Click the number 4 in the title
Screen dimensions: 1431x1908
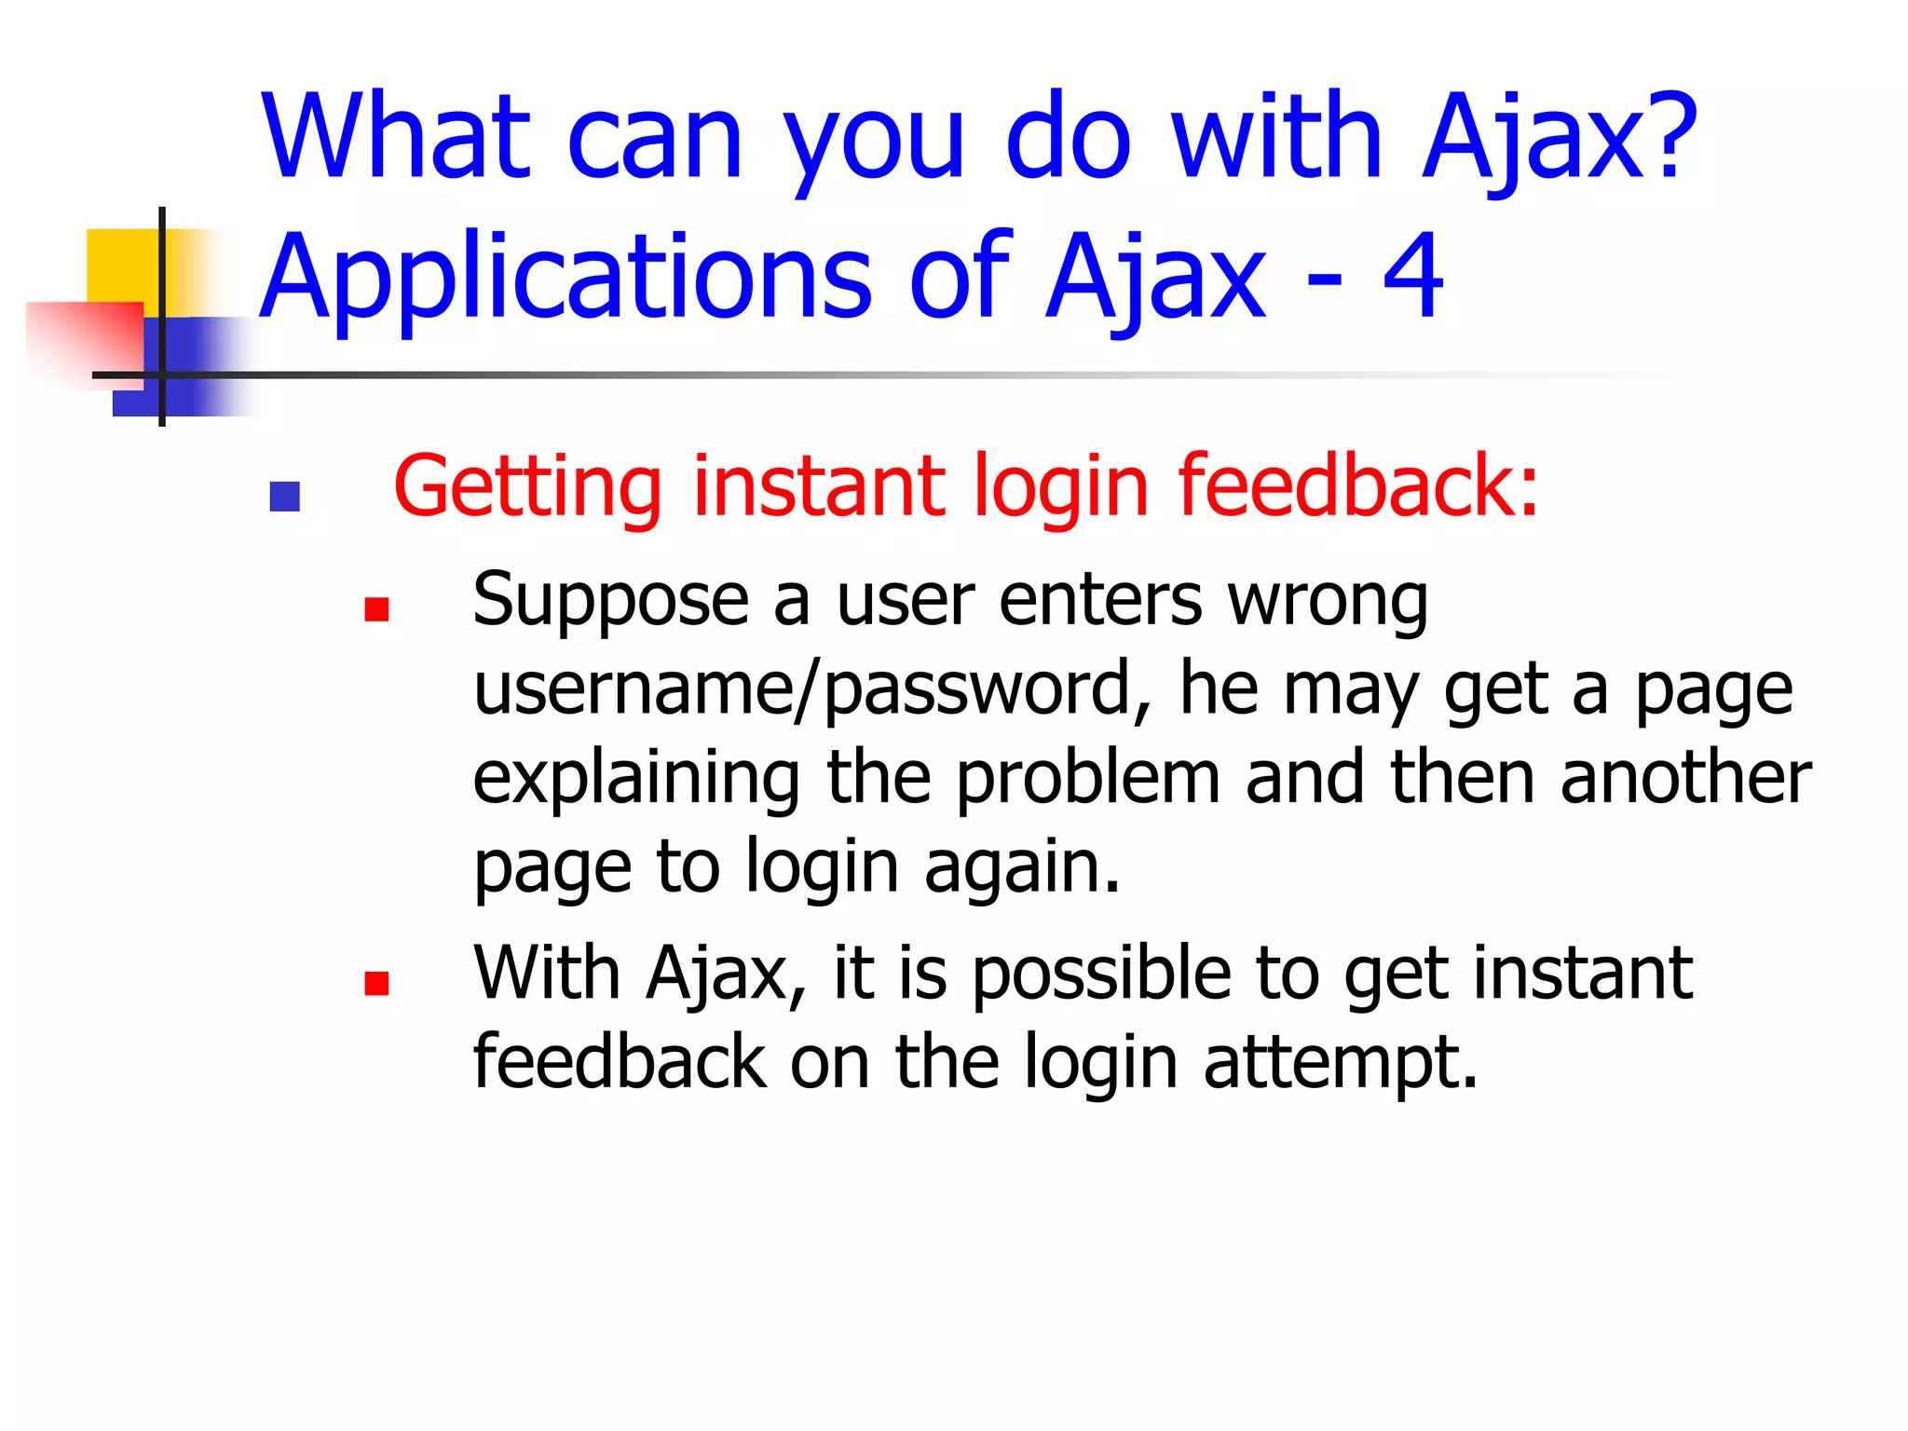(x=1412, y=275)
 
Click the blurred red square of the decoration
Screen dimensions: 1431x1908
(x=84, y=340)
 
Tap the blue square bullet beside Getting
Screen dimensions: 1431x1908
(x=284, y=497)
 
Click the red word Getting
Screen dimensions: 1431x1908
(x=527, y=486)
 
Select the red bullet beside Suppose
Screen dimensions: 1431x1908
(x=376, y=609)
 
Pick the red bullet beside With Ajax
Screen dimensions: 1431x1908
(x=376, y=984)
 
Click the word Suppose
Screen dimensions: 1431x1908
(x=610, y=601)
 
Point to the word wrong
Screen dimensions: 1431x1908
(x=1328, y=601)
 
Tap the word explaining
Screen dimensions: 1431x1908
(x=636, y=779)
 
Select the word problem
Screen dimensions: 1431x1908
(x=1087, y=777)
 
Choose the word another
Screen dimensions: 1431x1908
(x=1685, y=777)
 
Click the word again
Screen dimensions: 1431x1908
(x=1022, y=867)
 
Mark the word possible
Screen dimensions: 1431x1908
(x=1100, y=974)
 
